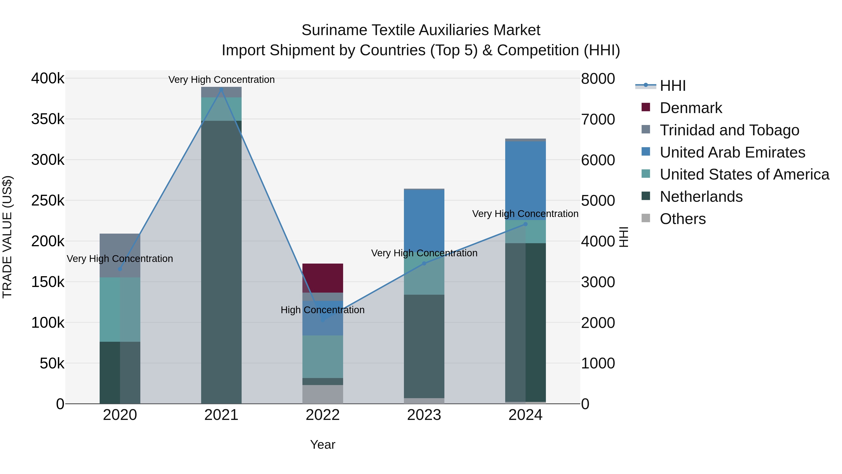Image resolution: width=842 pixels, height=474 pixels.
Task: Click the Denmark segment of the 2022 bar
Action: (322, 278)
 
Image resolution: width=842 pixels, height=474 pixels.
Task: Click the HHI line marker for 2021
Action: (221, 89)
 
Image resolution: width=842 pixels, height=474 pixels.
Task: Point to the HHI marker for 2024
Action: (525, 224)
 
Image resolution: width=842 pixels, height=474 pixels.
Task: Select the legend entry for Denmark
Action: (690, 108)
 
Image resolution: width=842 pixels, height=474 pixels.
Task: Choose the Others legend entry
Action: (682, 219)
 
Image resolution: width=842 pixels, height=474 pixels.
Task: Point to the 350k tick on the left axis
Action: (48, 119)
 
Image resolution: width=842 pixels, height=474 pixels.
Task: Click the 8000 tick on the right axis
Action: (598, 78)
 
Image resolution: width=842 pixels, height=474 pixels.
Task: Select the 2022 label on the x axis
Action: (322, 415)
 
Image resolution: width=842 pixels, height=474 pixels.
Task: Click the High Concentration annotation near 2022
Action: (322, 310)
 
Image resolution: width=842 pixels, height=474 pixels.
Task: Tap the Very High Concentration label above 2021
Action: (221, 80)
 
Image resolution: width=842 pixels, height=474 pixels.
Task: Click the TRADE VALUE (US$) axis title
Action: (7, 237)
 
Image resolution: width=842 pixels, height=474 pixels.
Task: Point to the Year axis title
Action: (322, 445)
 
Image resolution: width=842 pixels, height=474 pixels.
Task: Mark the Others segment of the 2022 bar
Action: (322, 394)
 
